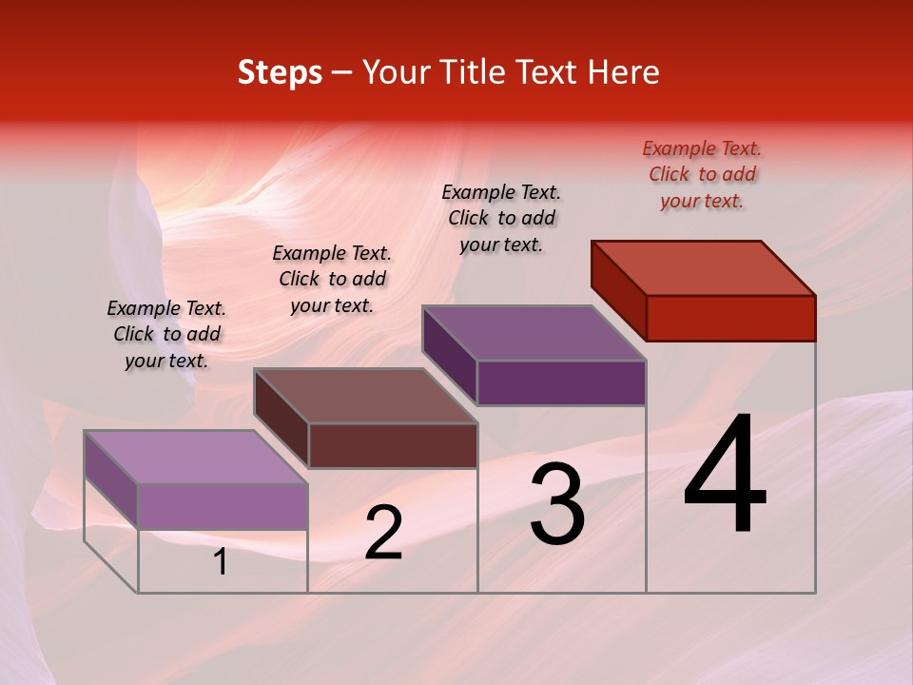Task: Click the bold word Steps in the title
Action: click(x=280, y=72)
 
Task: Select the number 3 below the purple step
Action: click(x=557, y=503)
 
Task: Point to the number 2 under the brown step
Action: click(x=383, y=532)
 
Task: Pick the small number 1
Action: click(x=221, y=562)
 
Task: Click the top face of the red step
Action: click(x=704, y=267)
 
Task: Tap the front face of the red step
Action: click(x=730, y=318)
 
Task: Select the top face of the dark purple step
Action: click(x=534, y=333)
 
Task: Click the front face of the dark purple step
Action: click(x=561, y=382)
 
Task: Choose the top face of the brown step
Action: click(x=365, y=396)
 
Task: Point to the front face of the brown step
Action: click(x=393, y=445)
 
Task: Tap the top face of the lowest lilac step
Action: click(x=196, y=457)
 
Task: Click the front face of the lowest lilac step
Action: click(x=223, y=506)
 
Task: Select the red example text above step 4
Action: click(x=702, y=174)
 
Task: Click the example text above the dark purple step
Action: click(x=501, y=218)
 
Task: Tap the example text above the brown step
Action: click(x=332, y=279)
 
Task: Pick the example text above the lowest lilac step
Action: click(x=166, y=334)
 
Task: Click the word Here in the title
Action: click(x=624, y=72)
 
